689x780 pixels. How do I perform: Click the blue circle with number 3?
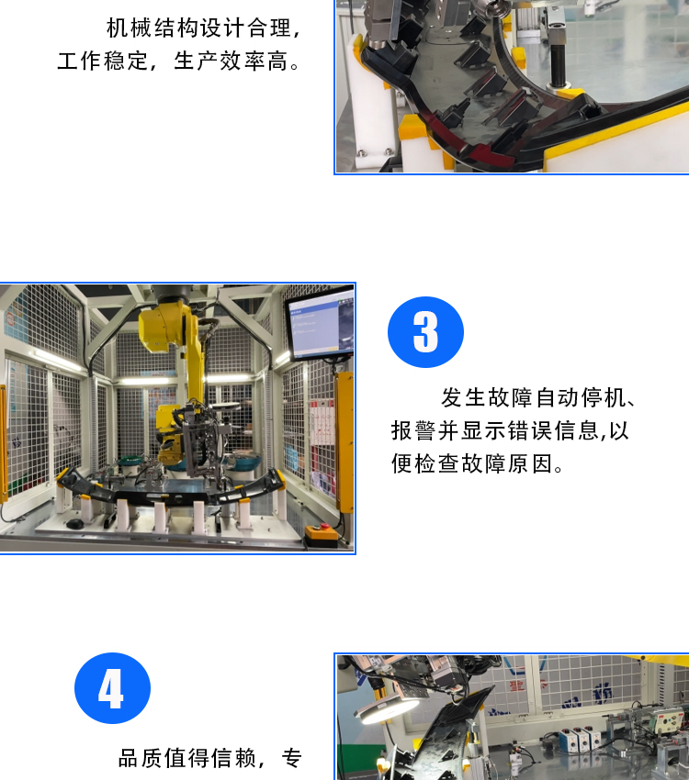[x=425, y=332]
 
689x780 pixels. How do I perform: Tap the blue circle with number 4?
[x=112, y=688]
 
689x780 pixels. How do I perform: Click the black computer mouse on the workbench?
[x=75, y=524]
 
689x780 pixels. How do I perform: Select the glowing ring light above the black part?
[x=390, y=712]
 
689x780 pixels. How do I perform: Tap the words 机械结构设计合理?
[x=198, y=28]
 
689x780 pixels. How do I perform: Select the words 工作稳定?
[x=103, y=61]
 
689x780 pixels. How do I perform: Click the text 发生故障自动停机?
[x=533, y=398]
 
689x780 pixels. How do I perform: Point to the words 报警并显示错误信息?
[x=495, y=430]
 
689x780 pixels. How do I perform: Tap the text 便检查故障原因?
[x=472, y=463]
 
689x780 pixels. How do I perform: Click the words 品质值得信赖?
[x=187, y=758]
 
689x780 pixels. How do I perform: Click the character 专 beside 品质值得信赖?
[x=292, y=758]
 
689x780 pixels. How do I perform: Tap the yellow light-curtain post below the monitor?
[x=344, y=441]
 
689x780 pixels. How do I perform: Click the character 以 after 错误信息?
[x=619, y=430]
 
